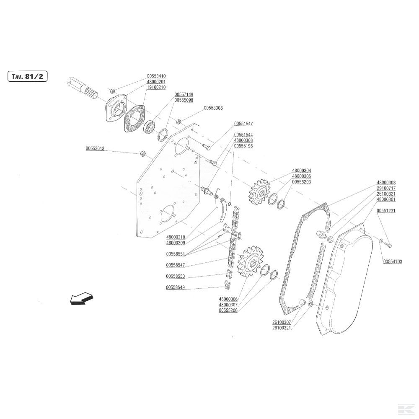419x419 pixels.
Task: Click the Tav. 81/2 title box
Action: pos(27,77)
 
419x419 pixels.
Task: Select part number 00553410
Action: pos(156,76)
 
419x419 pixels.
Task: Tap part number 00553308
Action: pos(213,108)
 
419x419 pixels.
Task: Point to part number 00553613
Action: pos(95,148)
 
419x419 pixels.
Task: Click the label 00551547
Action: pos(243,124)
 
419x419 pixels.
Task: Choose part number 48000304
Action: pos(302,171)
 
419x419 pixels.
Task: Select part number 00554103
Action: pos(393,261)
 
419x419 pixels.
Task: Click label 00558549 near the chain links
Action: pos(176,288)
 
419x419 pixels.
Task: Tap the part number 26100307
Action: pos(281,322)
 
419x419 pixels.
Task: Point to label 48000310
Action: pos(176,237)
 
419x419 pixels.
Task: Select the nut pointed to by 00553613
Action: pos(142,153)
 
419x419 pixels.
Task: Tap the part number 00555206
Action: pos(228,310)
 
